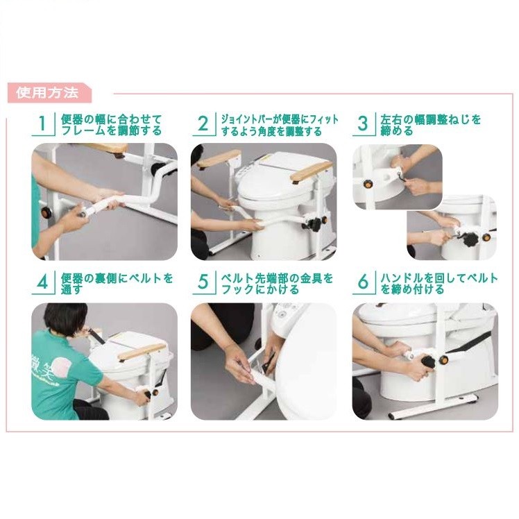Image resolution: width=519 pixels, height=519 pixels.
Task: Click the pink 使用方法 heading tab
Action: click(x=49, y=93)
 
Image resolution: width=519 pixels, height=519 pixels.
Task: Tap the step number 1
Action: click(x=42, y=123)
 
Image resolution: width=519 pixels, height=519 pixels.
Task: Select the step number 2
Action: click(x=203, y=123)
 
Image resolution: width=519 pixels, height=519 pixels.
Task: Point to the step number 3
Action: click(x=363, y=123)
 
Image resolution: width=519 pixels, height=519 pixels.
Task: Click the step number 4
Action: click(x=43, y=282)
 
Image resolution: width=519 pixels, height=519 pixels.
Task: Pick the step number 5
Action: click(x=203, y=282)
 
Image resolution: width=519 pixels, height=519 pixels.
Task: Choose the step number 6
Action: click(x=363, y=282)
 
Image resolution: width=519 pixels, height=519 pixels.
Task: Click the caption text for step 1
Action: click(x=112, y=125)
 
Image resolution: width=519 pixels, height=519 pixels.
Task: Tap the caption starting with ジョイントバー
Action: click(x=280, y=125)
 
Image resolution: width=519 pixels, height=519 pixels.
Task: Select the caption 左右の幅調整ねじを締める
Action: click(x=431, y=125)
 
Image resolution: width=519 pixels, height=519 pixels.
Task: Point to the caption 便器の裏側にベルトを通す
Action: click(x=117, y=284)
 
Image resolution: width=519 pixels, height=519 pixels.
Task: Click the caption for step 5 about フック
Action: click(x=277, y=284)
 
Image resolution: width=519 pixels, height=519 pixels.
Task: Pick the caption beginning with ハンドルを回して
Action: click(x=439, y=284)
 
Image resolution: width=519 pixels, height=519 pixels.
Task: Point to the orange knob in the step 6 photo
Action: click(x=443, y=360)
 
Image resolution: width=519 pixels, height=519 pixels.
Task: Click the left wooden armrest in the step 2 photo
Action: click(x=219, y=159)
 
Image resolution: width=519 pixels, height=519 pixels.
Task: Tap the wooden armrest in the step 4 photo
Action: click(x=142, y=351)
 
